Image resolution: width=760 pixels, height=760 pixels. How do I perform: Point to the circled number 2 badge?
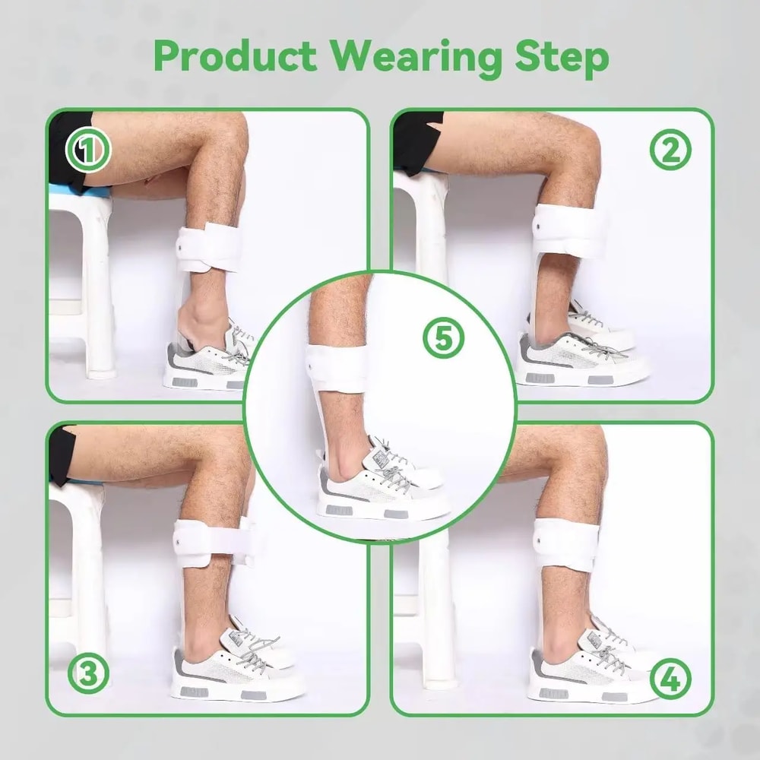tap(670, 151)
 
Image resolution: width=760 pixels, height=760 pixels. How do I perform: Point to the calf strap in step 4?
tap(566, 541)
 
